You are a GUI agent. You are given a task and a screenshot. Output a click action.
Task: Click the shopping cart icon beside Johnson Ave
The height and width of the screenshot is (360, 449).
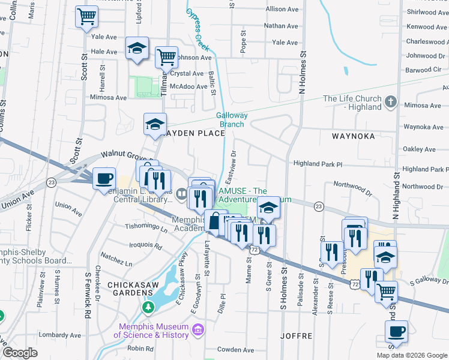166,58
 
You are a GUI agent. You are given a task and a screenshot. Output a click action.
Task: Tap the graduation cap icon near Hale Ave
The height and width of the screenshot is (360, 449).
137,48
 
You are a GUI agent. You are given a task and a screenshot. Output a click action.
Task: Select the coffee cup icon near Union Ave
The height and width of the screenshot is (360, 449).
104,178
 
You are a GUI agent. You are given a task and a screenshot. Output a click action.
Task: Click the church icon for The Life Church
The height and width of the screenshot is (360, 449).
391,102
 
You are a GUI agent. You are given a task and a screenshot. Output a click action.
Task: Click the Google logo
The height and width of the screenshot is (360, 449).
20,353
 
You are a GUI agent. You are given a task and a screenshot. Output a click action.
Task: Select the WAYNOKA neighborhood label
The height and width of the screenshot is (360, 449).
353,136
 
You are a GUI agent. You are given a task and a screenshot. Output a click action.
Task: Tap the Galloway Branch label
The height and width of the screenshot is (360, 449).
231,119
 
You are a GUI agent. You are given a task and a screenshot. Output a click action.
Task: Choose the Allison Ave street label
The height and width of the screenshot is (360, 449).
282,10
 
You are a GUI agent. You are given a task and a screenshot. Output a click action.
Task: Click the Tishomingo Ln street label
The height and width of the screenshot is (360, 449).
146,227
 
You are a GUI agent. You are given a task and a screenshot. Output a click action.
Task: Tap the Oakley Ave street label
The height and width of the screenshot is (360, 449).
419,149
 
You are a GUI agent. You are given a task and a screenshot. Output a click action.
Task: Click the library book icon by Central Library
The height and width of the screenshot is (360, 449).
181,193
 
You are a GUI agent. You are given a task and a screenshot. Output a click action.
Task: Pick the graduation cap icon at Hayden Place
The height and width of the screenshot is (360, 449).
155,124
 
